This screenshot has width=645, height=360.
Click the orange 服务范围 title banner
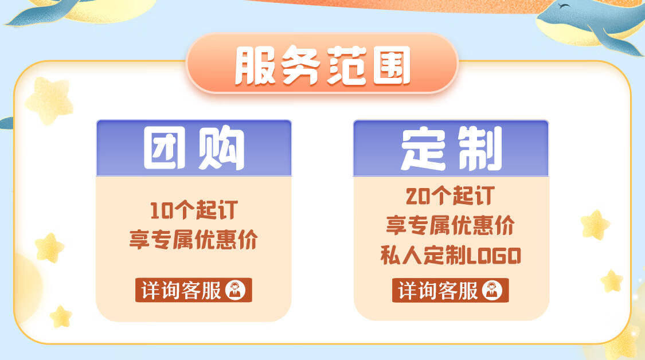(322, 64)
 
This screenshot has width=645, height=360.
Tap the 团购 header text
(194, 148)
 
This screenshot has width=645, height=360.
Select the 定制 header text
(451, 148)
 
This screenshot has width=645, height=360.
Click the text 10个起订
(194, 210)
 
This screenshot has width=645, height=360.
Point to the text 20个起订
(450, 196)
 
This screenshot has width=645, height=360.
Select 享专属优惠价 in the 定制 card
(451, 225)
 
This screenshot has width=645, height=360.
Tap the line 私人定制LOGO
(451, 256)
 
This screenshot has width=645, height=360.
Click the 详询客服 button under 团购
(193, 290)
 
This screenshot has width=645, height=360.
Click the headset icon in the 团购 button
(235, 290)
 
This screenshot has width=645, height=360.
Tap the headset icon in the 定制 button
(492, 290)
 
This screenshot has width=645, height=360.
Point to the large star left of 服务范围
(49, 100)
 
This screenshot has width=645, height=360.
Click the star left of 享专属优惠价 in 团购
(49, 248)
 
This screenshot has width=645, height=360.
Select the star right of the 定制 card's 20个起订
(595, 225)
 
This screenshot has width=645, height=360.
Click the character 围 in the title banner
(391, 65)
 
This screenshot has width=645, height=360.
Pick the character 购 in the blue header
(221, 148)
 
